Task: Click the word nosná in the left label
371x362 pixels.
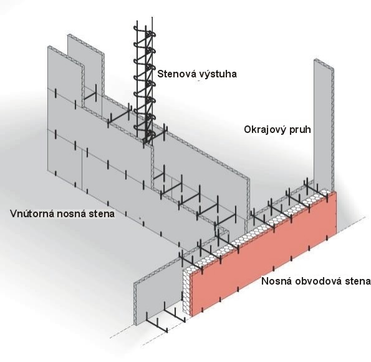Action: point(69,214)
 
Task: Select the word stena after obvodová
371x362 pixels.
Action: point(358,281)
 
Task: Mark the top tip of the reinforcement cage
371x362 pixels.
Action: point(152,17)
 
